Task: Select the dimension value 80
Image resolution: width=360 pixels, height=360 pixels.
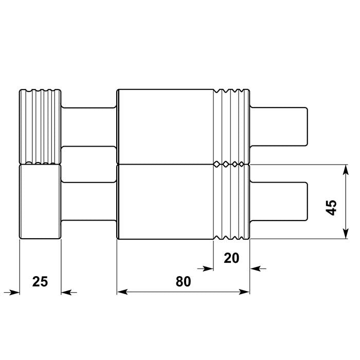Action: [183, 281]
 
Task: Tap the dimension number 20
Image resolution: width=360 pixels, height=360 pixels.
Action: [231, 258]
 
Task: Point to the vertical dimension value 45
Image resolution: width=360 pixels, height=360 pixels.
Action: [332, 207]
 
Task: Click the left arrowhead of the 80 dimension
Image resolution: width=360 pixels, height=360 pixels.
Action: [122, 292]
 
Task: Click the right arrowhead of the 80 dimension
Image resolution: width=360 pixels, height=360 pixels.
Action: [245, 292]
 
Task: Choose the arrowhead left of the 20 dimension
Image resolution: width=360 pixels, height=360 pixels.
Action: [208, 268]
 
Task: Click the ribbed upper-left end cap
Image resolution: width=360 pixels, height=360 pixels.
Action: [40, 127]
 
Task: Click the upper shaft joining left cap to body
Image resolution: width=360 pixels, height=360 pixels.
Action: [88, 127]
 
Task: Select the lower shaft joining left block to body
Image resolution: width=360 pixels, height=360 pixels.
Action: [88, 202]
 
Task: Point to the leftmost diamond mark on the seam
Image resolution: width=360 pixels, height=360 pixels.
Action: [218, 164]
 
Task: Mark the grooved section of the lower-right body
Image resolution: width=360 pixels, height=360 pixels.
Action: [231, 202]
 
